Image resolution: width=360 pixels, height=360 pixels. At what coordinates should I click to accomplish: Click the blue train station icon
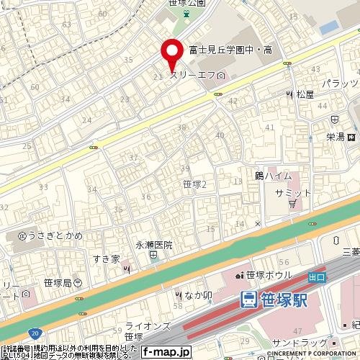pyautogui.click(x=248, y=299)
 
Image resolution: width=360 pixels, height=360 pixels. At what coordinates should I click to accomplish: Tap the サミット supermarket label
pyautogui.click(x=293, y=193)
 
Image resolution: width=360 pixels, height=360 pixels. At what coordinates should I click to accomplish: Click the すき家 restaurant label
pyautogui.click(x=105, y=258)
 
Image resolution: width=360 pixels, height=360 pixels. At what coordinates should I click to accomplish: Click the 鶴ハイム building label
pyautogui.click(x=273, y=176)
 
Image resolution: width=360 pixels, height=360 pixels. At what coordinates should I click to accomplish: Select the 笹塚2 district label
pyautogui.click(x=195, y=184)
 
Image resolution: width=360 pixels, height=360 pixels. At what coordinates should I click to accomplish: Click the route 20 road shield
pyautogui.click(x=35, y=333)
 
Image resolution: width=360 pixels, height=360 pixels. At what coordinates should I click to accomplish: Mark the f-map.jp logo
pyautogui.click(x=166, y=352)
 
